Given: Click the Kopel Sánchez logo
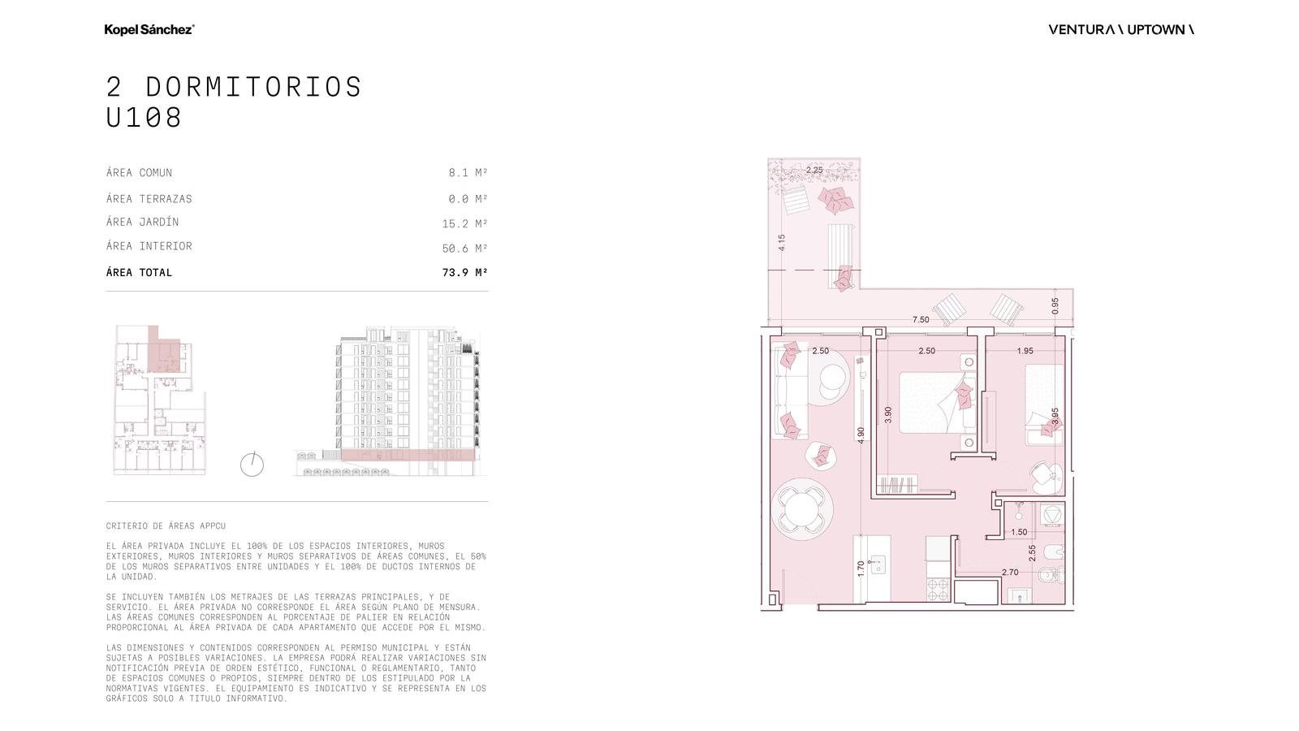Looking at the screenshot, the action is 149,29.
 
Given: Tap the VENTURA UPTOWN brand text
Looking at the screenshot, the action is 1121,29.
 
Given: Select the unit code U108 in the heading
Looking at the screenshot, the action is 144,117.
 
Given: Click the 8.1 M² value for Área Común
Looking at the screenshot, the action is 468,172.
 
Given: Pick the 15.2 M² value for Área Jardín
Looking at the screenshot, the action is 464,223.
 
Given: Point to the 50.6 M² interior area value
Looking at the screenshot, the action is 464,249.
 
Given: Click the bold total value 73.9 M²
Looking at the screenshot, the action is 464,272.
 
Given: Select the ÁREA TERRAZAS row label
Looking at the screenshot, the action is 149,198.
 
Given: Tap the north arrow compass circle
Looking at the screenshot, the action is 252,465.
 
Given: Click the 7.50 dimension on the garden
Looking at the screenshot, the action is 921,320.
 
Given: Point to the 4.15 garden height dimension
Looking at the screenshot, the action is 782,243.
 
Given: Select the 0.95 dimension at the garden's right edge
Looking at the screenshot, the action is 1055,306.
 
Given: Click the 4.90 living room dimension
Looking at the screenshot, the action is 861,435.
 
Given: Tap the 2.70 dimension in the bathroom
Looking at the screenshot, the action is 1010,572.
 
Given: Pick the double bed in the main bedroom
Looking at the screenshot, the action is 938,403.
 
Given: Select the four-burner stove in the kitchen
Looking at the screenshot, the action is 937,590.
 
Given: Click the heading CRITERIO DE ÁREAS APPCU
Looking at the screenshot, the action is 166,526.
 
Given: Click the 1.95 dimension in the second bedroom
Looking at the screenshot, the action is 1025,351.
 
